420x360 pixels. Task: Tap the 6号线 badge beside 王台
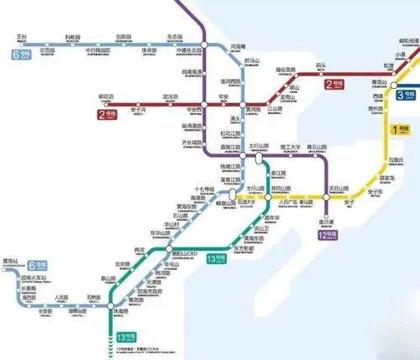click(x=21, y=53)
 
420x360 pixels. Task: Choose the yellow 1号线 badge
click(x=402, y=129)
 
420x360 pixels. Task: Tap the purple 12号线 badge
click(x=327, y=236)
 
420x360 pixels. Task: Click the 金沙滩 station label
click(x=325, y=222)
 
